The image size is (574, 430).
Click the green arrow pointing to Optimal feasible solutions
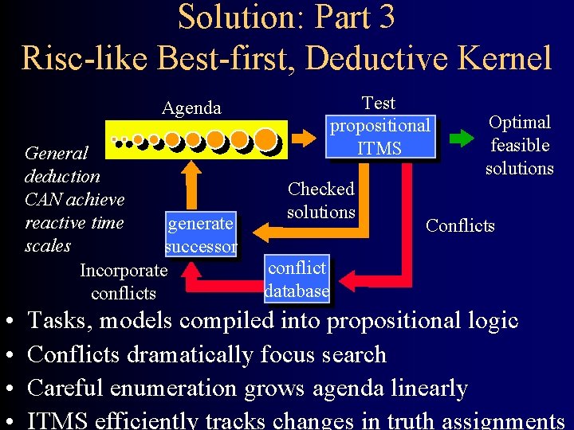[x=461, y=137]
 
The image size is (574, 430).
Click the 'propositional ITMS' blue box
[x=380, y=137]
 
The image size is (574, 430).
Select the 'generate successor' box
[x=200, y=235]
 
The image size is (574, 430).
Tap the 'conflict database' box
[x=297, y=279]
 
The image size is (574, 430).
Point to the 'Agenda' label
[x=192, y=108]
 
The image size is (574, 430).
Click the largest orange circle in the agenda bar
[x=267, y=140]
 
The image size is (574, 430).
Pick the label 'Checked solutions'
[x=320, y=201]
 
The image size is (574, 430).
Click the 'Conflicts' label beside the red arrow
[x=460, y=225]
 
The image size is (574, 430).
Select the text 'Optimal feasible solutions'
[x=520, y=145]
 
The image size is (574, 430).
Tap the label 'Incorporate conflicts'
[x=124, y=282]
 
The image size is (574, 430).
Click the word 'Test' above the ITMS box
[x=379, y=104]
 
